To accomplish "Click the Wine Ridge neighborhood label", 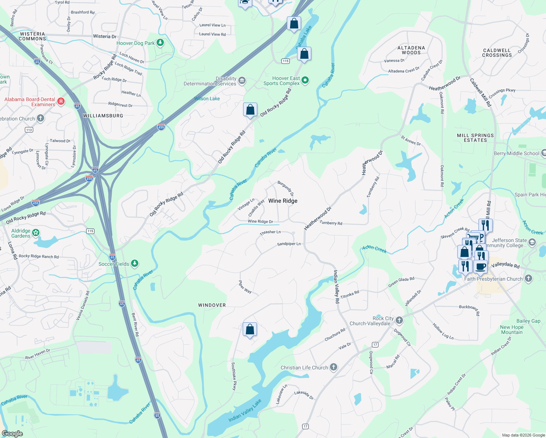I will pos(282,201).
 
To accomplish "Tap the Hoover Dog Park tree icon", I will pos(160,43).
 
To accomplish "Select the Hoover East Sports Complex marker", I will pos(305,80).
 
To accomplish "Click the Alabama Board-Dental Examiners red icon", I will pos(61,101).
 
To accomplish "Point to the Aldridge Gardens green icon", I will pos(36,233).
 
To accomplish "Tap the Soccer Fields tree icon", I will pos(135,263).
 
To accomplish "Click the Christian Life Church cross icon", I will pos(334,367).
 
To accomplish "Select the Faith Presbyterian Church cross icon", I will pos(528,278).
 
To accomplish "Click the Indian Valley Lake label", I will pos(245,411).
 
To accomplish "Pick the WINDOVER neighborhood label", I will pos(212,305).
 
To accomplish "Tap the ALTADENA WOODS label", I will pos(411,50).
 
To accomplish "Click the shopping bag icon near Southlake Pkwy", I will pos(250,330).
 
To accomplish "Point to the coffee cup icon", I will pos(481,266).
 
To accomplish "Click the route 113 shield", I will pos(29,130).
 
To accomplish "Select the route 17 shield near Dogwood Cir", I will pos(375,345).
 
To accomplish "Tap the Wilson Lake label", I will pos(207,99).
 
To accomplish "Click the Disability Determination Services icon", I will pos(242,80).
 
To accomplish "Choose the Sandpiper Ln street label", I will pos(289,244).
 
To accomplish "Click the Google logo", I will pos(12,433).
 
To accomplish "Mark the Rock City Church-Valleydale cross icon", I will pos(399,320).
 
